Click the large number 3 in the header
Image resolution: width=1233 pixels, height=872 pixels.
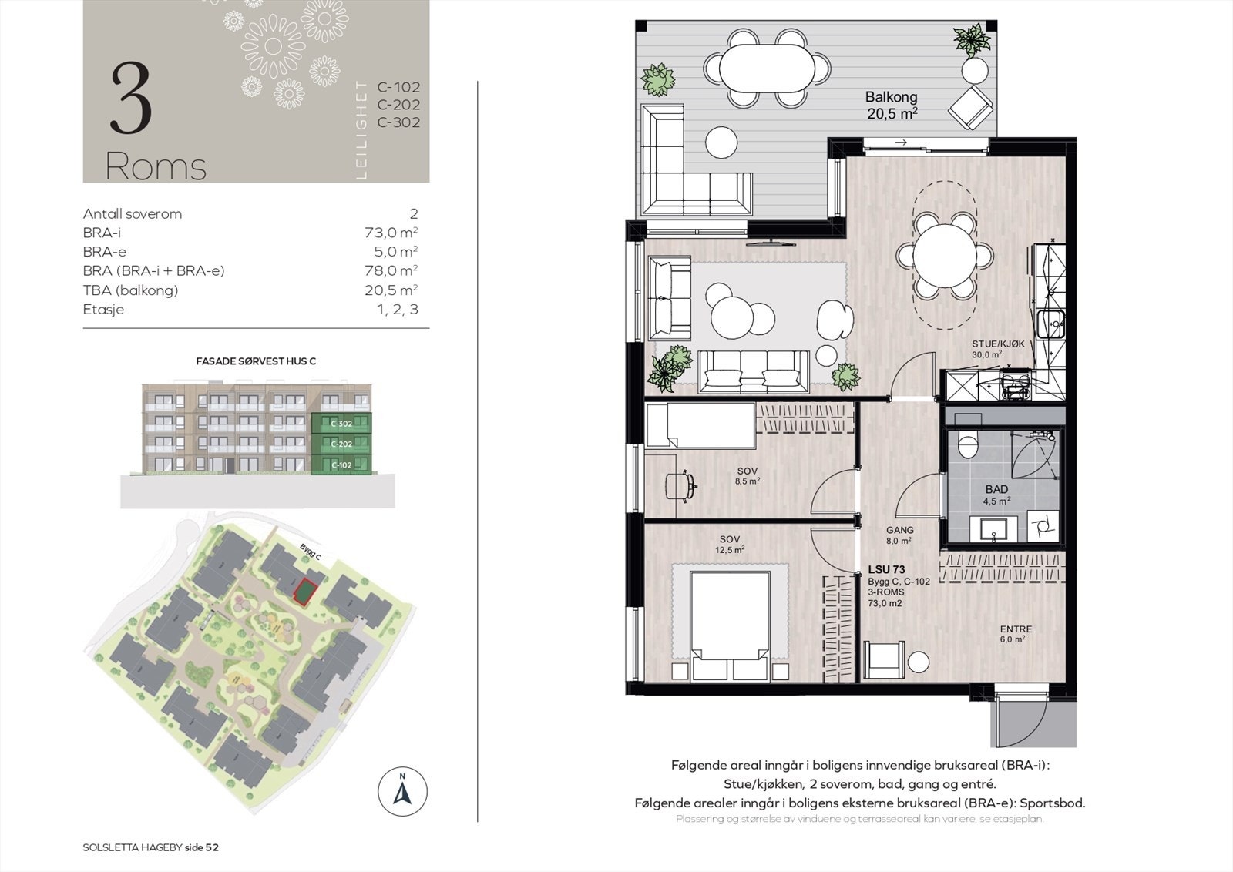[x=131, y=99]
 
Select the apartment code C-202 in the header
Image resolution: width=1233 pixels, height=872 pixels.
[x=398, y=105]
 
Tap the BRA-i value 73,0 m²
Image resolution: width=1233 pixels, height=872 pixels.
[x=391, y=233]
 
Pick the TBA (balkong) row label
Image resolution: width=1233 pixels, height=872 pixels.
[x=130, y=290]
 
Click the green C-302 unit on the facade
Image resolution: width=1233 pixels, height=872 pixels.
[x=341, y=424]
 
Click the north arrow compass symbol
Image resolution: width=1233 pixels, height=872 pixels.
[x=402, y=791]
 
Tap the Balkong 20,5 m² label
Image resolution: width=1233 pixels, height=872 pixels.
[x=891, y=105]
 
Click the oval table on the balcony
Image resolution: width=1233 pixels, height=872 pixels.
[x=768, y=68]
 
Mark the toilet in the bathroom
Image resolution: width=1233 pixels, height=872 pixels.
[x=968, y=444]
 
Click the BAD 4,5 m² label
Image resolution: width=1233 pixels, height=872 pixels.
[x=996, y=495]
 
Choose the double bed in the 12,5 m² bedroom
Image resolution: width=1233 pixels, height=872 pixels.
[x=731, y=624]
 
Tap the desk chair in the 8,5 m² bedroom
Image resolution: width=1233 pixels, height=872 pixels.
[x=680, y=484]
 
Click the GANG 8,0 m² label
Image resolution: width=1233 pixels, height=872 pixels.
[x=899, y=535]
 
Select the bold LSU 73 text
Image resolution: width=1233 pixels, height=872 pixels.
[x=887, y=570]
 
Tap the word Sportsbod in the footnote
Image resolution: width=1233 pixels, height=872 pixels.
[x=1050, y=803]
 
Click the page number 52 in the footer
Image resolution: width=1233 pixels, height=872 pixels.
[x=211, y=847]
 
